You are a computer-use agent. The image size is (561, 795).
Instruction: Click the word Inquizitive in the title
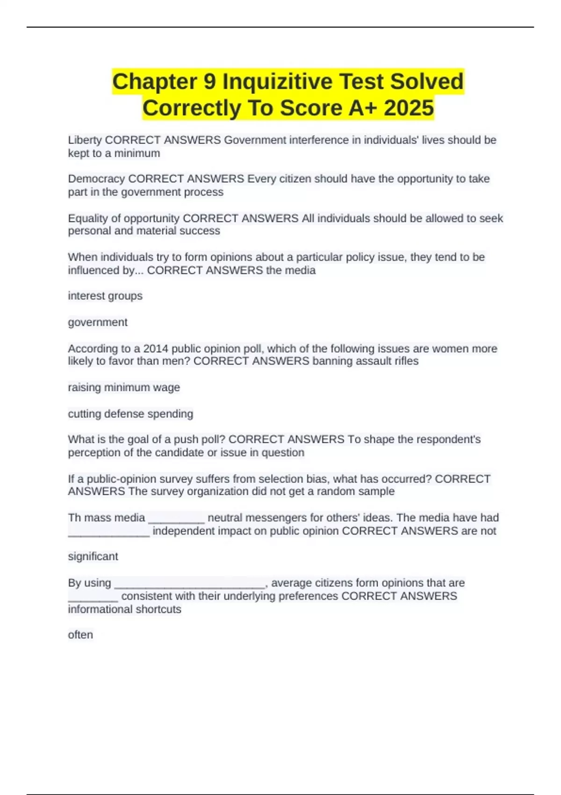pyautogui.click(x=278, y=81)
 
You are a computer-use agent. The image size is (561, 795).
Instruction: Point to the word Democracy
pyautogui.click(x=96, y=179)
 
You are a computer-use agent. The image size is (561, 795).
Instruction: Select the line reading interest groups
pyautogui.click(x=105, y=296)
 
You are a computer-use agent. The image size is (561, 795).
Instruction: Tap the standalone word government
pyautogui.click(x=98, y=322)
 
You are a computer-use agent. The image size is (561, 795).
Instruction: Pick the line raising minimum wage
pyautogui.click(x=124, y=388)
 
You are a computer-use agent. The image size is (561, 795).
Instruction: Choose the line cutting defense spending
pyautogui.click(x=130, y=414)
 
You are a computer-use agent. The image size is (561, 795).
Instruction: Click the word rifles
pyautogui.click(x=406, y=361)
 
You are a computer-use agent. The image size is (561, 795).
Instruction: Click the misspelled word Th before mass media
pyautogui.click(x=74, y=518)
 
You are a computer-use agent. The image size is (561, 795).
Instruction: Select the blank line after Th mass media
pyautogui.click(x=176, y=519)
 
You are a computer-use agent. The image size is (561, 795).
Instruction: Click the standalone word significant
pyautogui.click(x=93, y=556)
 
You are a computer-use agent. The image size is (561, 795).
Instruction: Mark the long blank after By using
pyautogui.click(x=190, y=585)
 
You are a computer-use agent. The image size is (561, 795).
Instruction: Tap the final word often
pyautogui.click(x=80, y=635)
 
